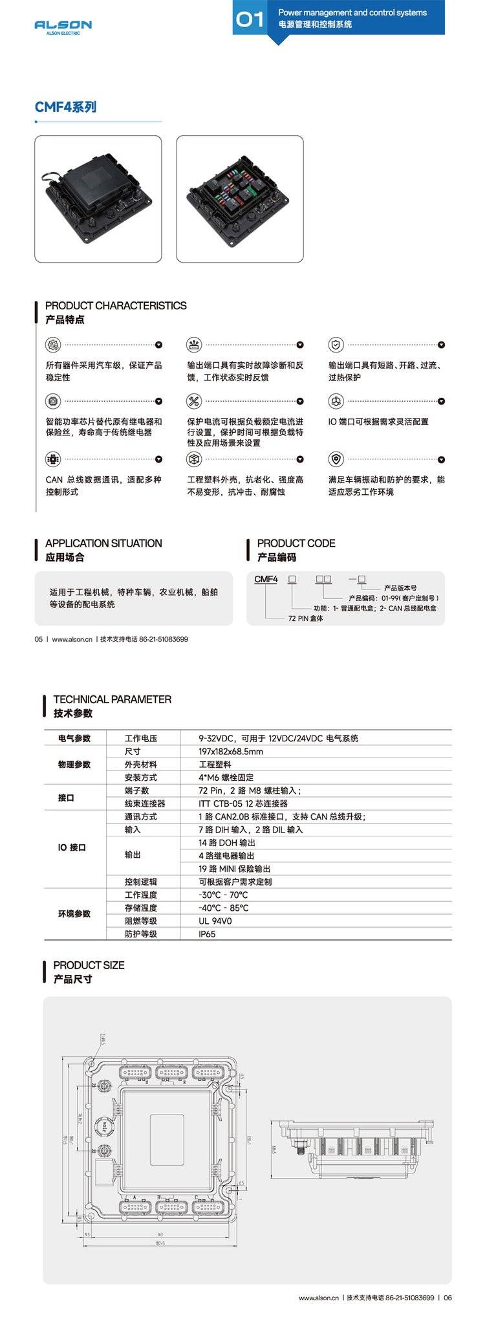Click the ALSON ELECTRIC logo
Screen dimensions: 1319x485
coord(63,27)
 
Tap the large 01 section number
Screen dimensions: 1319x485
coord(250,20)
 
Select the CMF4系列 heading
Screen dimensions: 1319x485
coord(65,107)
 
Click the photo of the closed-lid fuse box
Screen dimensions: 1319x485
coord(98,199)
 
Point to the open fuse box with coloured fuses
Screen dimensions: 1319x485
coord(239,199)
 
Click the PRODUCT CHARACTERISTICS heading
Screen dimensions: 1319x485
coord(116,305)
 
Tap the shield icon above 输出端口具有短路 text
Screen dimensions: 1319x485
coord(335,344)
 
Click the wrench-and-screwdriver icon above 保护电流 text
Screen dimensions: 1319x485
coord(194,401)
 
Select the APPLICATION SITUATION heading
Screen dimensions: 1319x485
coord(103,543)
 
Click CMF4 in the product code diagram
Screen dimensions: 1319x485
coord(266,580)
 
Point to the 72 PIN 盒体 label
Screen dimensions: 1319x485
coord(305,619)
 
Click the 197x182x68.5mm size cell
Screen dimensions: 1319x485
coord(231,752)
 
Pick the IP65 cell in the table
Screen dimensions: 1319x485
coord(207,934)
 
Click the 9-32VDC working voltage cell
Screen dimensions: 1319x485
coord(278,738)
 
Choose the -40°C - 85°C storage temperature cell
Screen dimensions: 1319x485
coord(223,908)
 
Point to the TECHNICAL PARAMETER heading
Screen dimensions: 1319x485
coord(113,699)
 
